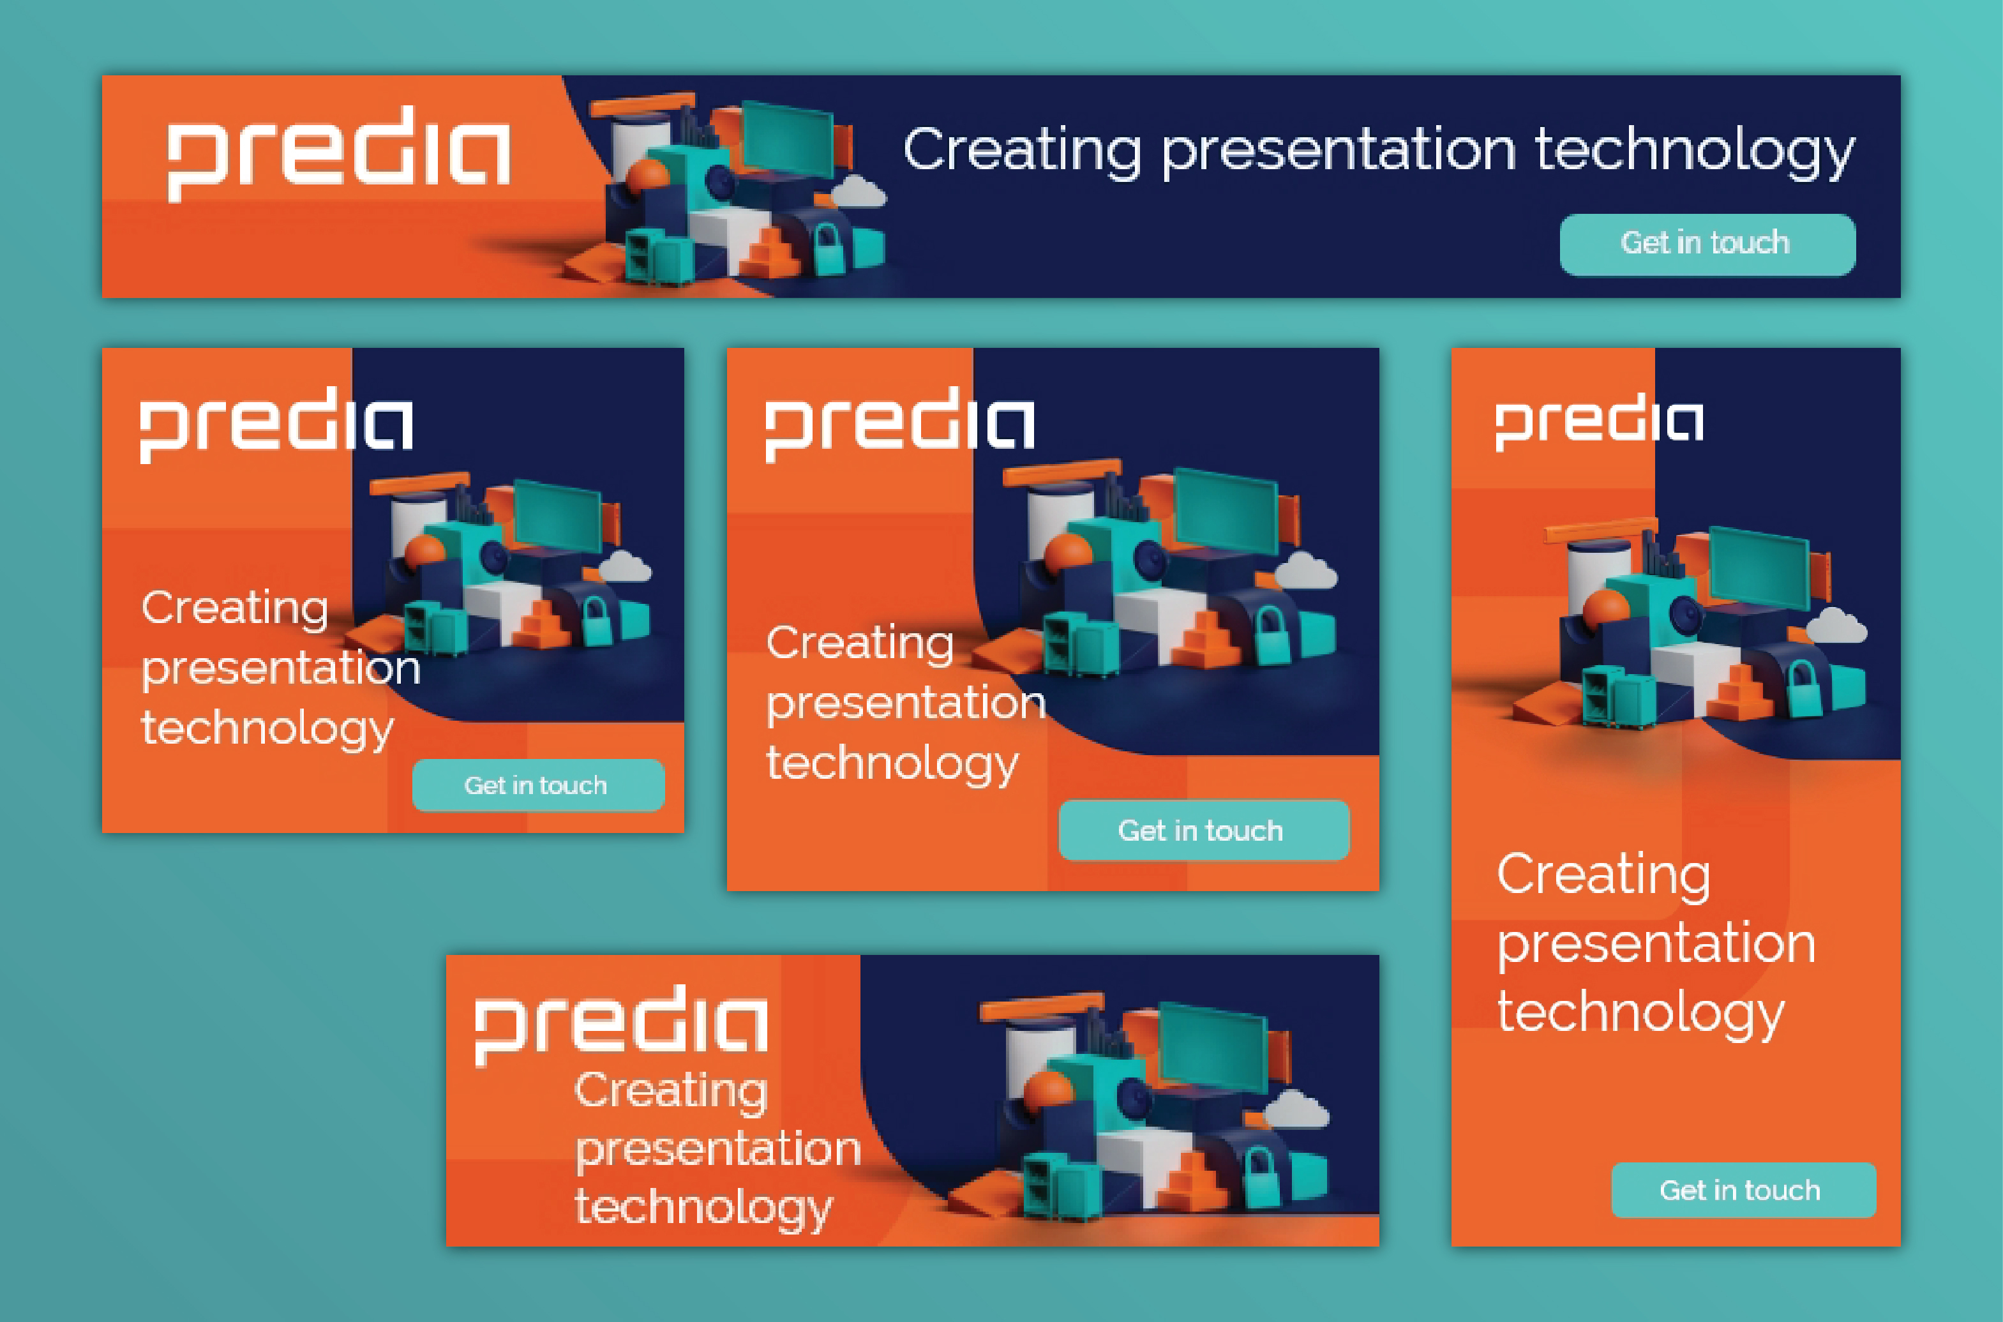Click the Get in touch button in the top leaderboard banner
point(1707,244)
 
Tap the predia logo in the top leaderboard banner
point(339,153)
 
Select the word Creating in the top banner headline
point(1022,152)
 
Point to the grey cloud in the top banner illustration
point(858,192)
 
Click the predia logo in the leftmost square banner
point(276,425)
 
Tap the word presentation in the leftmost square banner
point(281,668)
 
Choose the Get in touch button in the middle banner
point(1204,830)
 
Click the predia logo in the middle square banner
point(899,424)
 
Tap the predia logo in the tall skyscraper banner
point(1599,423)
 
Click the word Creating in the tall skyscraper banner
point(1603,875)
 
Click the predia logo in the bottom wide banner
point(621,1025)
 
